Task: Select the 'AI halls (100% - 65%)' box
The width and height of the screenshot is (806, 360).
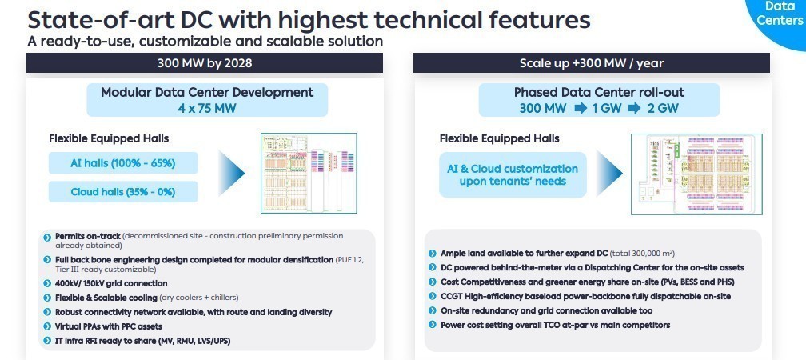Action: (x=122, y=164)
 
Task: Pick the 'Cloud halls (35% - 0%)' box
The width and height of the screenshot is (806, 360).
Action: (x=122, y=192)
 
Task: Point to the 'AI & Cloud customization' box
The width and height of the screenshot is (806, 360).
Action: (x=512, y=175)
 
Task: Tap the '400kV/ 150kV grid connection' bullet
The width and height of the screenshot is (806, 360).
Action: (x=111, y=283)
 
